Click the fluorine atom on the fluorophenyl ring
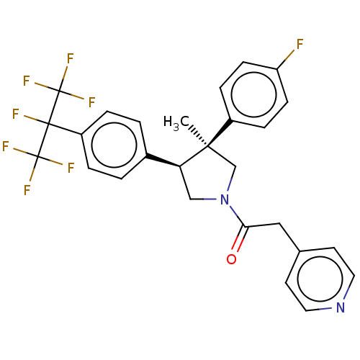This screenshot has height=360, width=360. pos(300,44)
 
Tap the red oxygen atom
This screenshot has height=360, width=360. pos(231,259)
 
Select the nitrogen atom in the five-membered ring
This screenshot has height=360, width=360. pos(225,199)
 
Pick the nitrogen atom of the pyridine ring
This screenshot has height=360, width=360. pos(341,307)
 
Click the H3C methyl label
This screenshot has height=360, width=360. pos(176,122)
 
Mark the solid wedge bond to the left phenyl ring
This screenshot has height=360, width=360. pos(163,161)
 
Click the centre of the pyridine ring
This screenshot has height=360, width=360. pos(320,279)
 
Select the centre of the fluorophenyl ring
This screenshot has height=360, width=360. pos(253,94)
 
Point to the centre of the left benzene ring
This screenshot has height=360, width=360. pos(114,145)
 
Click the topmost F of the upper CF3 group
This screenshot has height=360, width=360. pos(70,58)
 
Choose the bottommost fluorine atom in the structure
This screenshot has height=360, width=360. pos(27,190)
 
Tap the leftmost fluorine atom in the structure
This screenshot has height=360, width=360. pos(6,146)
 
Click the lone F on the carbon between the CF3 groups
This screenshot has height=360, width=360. pos(16,114)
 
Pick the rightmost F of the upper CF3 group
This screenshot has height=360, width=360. pos(92,102)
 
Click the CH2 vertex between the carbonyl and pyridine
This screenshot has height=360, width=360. pos(280,223)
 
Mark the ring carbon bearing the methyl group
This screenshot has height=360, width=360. pos(208,146)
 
